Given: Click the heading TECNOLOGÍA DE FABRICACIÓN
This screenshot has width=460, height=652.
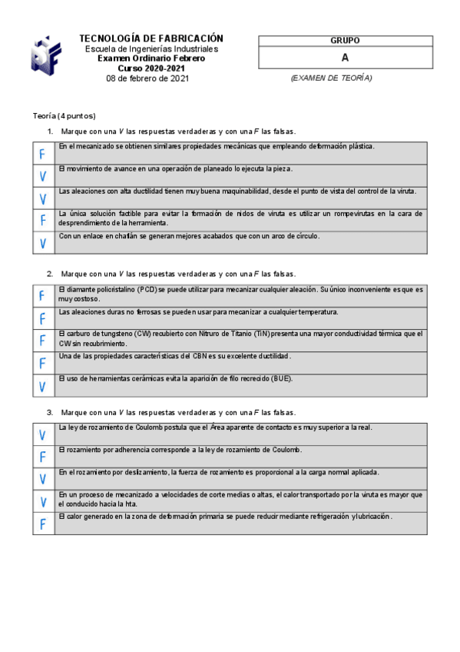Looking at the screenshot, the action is tap(151, 38).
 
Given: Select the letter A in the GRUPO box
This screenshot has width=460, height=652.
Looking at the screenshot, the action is tap(345, 58).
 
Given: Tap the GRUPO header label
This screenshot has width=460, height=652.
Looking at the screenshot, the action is tap(345, 41).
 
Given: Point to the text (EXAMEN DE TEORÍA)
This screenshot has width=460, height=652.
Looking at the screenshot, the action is tap(331, 78).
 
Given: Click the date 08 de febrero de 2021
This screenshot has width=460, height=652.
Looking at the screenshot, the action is tap(147, 78).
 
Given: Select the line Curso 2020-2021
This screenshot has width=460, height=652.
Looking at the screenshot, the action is tap(151, 68).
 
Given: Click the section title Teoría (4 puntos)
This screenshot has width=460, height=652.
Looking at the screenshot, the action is tap(64, 115).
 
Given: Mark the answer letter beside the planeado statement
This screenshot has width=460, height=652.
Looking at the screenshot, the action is tap(43, 176).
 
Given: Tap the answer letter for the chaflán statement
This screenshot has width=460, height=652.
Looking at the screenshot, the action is tap(43, 243).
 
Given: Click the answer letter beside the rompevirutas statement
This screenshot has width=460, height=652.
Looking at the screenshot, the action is tap(43, 221).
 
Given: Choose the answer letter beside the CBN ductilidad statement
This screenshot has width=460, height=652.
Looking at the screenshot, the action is tap(43, 363).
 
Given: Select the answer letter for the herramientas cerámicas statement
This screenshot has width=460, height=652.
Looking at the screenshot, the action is tap(43, 385).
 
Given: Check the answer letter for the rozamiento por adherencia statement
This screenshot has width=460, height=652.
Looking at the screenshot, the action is tap(43, 457).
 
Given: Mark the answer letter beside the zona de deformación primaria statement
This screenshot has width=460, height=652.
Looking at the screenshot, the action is tap(43, 524).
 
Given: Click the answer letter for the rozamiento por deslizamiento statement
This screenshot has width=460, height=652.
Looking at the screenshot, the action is tap(43, 479).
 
